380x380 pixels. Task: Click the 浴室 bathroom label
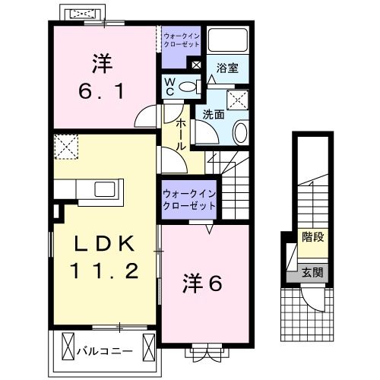click(227, 68)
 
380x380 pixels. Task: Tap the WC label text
click(170, 87)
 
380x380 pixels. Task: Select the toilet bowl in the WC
click(188, 87)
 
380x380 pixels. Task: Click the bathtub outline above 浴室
click(227, 40)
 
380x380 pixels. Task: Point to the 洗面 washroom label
click(214, 115)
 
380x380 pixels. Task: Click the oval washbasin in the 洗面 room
click(241, 133)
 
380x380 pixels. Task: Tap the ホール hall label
click(181, 135)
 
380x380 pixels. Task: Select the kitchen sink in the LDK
click(105, 189)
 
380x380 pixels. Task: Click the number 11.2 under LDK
click(105, 271)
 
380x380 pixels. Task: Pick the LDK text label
click(104, 244)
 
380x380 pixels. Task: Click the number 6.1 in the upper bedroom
click(101, 91)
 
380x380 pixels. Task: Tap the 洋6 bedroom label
click(202, 283)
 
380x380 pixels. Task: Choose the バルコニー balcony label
click(105, 351)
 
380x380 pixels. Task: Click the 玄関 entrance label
click(312, 273)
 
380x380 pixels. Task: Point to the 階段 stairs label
click(313, 237)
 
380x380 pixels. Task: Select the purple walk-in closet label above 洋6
click(189, 200)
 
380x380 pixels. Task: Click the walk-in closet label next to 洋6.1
click(182, 40)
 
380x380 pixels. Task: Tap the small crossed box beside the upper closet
click(196, 65)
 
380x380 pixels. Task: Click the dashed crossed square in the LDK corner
click(66, 147)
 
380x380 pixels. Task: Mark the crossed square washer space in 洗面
click(237, 100)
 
